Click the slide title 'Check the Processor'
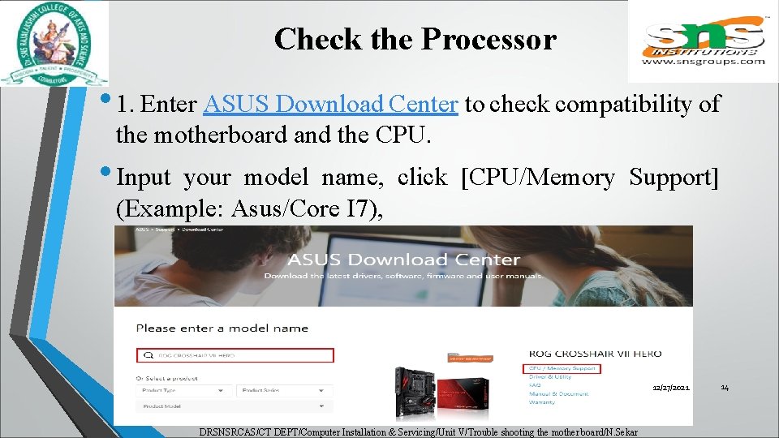(x=415, y=39)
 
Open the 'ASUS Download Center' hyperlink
(x=332, y=105)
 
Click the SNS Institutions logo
(x=703, y=41)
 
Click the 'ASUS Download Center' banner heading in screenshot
(x=403, y=260)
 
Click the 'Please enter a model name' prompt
(x=222, y=328)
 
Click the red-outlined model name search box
(x=235, y=355)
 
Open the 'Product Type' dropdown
(x=183, y=390)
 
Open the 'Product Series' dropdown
(x=284, y=390)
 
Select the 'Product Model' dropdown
(x=235, y=406)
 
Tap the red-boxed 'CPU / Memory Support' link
(x=563, y=368)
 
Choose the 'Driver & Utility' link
(x=550, y=376)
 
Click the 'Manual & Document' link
(x=558, y=393)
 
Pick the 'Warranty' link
(x=542, y=402)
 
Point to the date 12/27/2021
(x=671, y=389)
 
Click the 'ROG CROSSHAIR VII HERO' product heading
(x=595, y=354)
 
